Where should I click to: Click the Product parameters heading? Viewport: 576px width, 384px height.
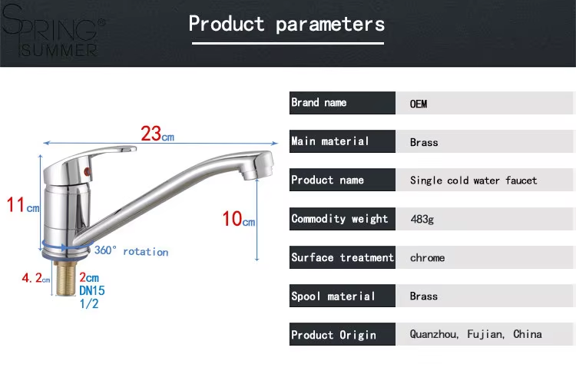(286, 25)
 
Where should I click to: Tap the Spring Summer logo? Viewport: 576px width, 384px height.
(52, 31)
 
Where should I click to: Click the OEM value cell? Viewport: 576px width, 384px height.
(419, 104)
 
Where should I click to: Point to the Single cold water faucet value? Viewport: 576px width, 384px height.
(474, 180)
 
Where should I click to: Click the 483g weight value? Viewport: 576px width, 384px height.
(422, 220)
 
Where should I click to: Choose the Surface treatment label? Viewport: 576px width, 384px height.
(342, 257)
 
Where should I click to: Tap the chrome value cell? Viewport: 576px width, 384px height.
(427, 257)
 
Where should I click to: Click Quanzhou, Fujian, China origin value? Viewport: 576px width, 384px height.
(475, 334)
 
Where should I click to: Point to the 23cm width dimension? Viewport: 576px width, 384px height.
(157, 134)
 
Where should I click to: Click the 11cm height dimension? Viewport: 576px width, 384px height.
(23, 205)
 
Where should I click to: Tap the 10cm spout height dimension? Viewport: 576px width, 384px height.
(238, 219)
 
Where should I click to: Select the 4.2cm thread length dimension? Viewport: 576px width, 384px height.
(35, 278)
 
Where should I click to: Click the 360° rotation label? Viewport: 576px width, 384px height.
(131, 251)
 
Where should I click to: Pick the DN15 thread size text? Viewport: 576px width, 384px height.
(92, 290)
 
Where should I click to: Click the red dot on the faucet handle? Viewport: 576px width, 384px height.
(87, 171)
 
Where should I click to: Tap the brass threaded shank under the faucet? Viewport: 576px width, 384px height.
(66, 277)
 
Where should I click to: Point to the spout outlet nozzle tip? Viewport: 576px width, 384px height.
(250, 174)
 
